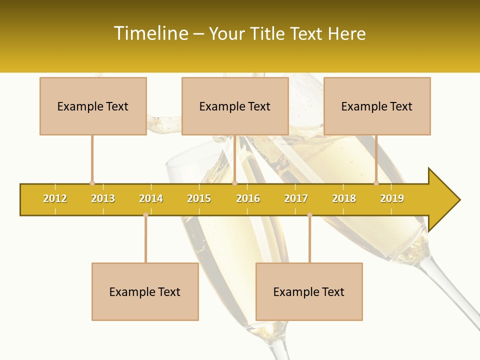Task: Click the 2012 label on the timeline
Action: pos(55,198)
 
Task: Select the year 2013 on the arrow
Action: pos(103,198)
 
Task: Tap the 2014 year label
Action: pos(151,198)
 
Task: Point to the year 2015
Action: pos(199,198)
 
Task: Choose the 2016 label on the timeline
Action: pos(248,198)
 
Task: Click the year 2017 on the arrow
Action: pos(296,198)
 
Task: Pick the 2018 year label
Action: pos(344,198)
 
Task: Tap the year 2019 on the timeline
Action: pos(392,198)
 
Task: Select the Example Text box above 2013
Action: pos(93,106)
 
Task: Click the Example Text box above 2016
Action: pos(235,106)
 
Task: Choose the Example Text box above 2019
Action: pos(377,106)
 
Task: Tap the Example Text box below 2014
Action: pos(145,291)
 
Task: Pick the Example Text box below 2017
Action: pos(309,291)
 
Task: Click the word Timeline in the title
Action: pos(150,33)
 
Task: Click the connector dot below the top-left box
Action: pos(92,183)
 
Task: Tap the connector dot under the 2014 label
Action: pos(145,215)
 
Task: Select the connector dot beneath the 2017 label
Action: pos(309,215)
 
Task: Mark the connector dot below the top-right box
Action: pos(376,183)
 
